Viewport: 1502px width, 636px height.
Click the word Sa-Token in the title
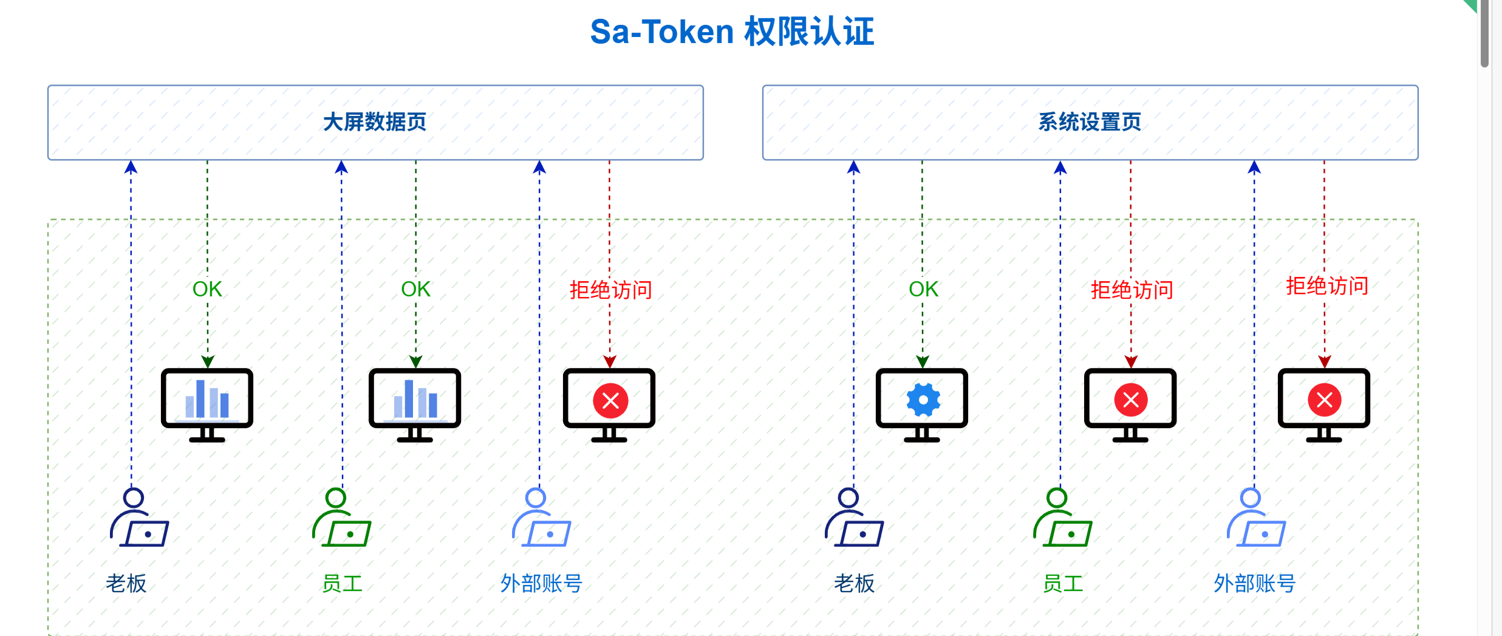coord(662,32)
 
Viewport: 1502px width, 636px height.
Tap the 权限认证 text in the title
coord(809,32)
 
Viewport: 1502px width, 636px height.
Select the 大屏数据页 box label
coord(375,122)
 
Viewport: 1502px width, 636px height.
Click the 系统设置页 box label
coord(1090,122)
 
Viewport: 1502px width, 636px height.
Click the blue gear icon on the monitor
coord(923,400)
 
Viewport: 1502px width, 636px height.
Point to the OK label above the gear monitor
coord(923,289)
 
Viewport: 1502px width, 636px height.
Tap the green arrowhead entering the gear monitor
coord(923,362)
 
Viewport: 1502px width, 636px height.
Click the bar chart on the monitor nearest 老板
coord(207,399)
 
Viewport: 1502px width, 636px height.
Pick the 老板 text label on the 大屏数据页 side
coord(126,584)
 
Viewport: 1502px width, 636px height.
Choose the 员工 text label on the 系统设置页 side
coord(1063,584)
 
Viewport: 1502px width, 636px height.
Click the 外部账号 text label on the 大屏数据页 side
coord(541,584)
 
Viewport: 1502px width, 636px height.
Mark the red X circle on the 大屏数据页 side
coord(610,401)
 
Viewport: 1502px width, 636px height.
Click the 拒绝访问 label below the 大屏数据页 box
coord(610,290)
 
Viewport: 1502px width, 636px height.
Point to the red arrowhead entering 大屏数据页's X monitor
coord(610,362)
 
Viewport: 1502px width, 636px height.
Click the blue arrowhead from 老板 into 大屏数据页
coord(131,166)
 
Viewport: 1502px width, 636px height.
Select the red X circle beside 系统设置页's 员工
coord(1131,400)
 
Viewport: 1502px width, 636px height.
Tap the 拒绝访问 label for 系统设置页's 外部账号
coord(1327,286)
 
